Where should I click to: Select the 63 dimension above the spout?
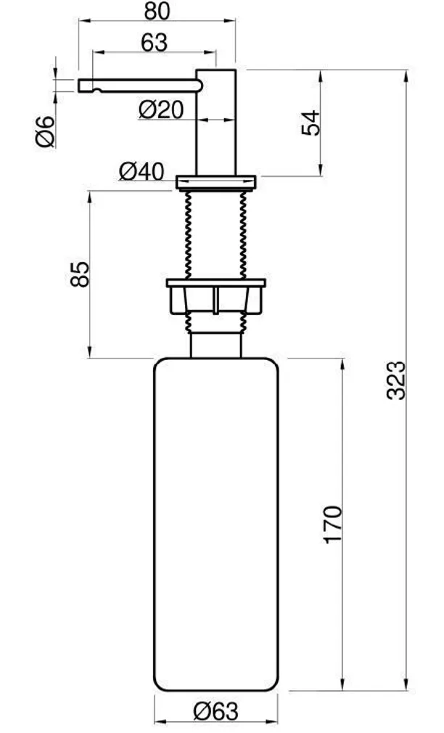154,43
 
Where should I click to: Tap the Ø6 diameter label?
46,131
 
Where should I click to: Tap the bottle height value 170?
332,524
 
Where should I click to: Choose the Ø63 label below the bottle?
215,712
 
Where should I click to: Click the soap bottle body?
216,523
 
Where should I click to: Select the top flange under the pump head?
216,179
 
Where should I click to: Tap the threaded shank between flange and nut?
216,232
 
